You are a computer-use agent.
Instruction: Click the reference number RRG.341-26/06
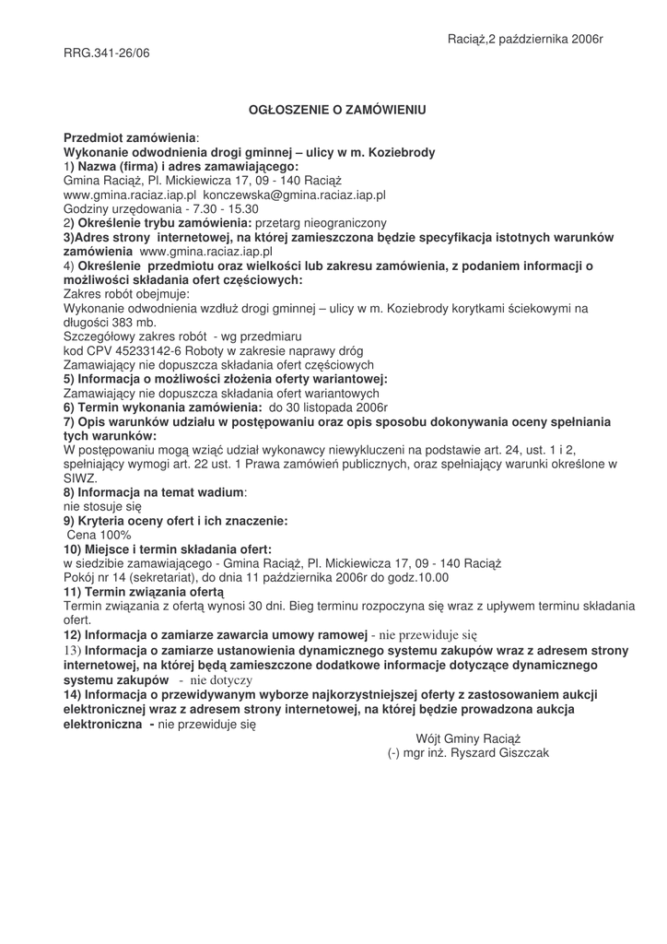[106, 53]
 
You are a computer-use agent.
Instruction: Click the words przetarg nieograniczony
[321, 223]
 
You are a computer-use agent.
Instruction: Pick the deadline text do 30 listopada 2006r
[328, 407]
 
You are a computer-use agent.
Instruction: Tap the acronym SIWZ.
[80, 478]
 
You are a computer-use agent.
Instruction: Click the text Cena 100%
[99, 535]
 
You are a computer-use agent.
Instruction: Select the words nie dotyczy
[221, 679]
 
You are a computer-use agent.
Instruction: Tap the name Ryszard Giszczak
[501, 752]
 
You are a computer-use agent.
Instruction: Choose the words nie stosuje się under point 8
[102, 506]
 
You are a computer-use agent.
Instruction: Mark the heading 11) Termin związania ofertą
[144, 591]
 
